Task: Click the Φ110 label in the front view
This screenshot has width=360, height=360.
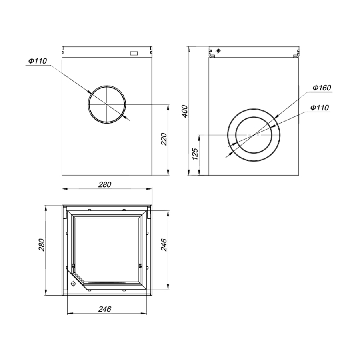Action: [38, 61]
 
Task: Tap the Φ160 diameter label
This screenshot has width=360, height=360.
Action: [322, 88]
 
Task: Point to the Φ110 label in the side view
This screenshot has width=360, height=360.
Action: [319, 108]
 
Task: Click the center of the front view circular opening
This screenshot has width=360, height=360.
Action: [107, 104]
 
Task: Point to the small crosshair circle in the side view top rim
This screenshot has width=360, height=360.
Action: [218, 51]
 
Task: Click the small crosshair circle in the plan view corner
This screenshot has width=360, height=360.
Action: [73, 284]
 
